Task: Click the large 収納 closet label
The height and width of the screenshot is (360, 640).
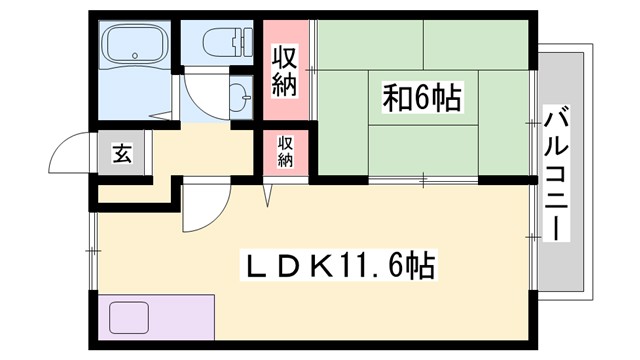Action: tap(286, 67)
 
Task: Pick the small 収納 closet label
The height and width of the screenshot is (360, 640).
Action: tap(286, 151)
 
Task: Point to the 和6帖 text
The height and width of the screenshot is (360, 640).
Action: tap(421, 99)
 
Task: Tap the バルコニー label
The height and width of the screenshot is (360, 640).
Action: tap(556, 171)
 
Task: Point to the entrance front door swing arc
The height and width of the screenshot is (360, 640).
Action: tap(65, 150)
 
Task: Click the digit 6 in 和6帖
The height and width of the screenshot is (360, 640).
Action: tap(421, 99)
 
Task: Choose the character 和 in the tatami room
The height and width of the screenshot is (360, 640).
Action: tap(395, 99)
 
